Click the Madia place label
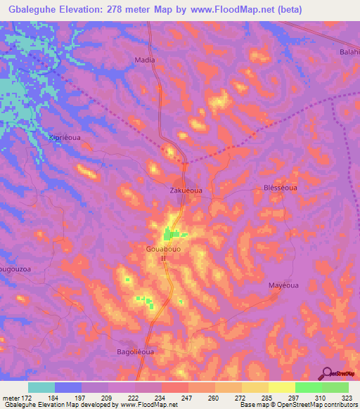(x=145, y=60)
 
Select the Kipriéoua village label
(x=66, y=137)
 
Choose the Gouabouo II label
(x=164, y=254)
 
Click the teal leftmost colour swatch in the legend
(x=41, y=387)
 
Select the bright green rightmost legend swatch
(x=335, y=387)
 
